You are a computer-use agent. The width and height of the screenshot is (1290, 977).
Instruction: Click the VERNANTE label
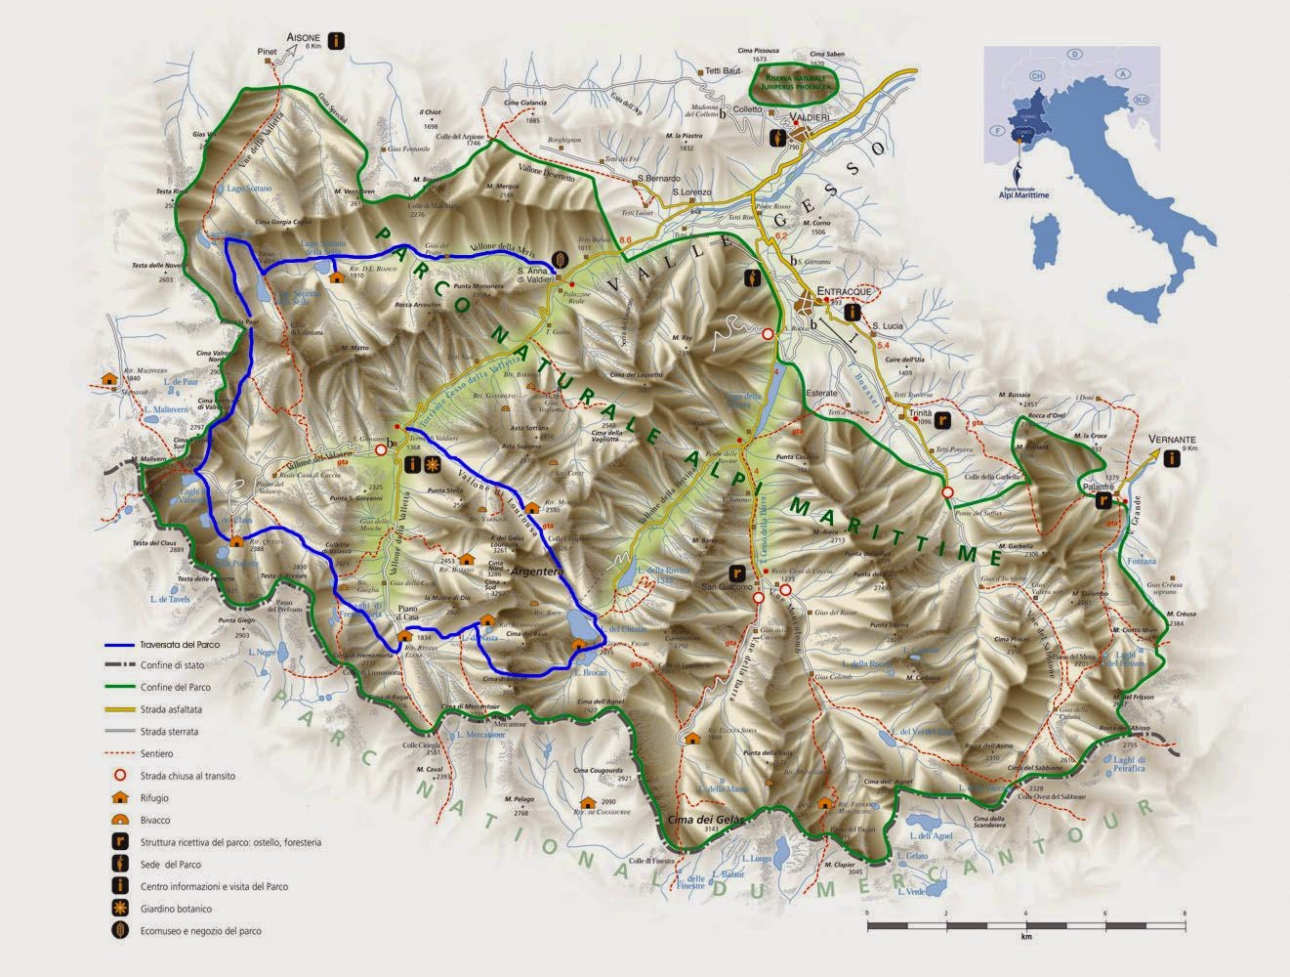click(x=1172, y=440)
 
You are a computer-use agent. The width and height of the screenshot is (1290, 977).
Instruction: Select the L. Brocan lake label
click(x=591, y=673)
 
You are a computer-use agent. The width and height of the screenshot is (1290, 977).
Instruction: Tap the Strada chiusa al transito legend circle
click(x=118, y=776)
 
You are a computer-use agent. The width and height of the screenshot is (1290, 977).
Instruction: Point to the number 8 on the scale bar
click(x=1184, y=913)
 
